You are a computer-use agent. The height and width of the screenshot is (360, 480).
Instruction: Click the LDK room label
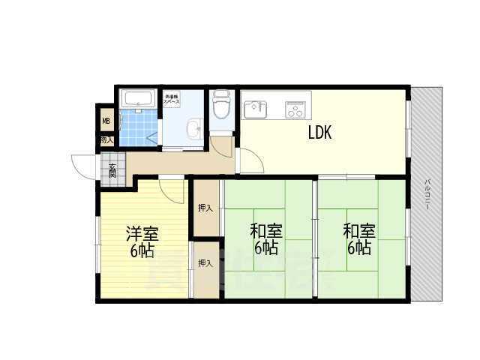tap(319, 133)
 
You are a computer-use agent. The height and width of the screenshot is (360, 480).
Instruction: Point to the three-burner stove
tap(296, 109)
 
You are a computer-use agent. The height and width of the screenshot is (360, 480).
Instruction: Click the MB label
tap(106, 119)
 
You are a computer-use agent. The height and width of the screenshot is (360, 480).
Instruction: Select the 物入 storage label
tap(106, 139)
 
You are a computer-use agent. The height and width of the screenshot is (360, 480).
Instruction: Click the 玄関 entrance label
tap(112, 171)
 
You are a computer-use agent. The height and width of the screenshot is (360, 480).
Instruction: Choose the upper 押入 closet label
tap(205, 208)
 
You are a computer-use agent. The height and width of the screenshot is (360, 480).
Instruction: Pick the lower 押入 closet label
tap(205, 263)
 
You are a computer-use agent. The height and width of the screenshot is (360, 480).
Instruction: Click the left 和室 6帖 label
tap(265, 238)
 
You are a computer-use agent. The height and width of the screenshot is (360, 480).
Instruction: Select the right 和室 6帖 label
tap(359, 238)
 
